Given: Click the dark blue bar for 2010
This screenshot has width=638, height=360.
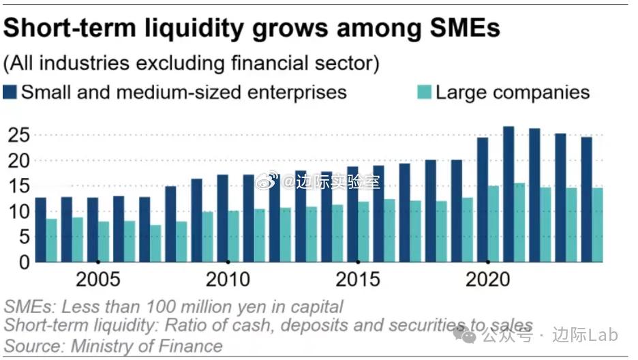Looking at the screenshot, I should pyautogui.click(x=222, y=218).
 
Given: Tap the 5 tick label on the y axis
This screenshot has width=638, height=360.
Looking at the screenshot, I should pyautogui.click(x=22, y=237).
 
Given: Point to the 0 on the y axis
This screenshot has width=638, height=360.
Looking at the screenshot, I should pyautogui.click(x=22, y=262).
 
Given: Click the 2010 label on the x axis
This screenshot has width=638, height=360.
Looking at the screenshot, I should pyautogui.click(x=228, y=280).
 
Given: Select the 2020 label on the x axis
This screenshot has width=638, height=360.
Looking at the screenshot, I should pyautogui.click(x=487, y=280).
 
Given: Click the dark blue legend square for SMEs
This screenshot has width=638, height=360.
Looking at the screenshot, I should pyautogui.click(x=10, y=92).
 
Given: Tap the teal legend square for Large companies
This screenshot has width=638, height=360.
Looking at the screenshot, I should pyautogui.click(x=424, y=92).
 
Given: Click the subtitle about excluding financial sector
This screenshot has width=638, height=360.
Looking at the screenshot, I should pyautogui.click(x=191, y=63).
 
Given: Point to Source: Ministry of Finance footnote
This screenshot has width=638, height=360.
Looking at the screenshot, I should pyautogui.click(x=114, y=346).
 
